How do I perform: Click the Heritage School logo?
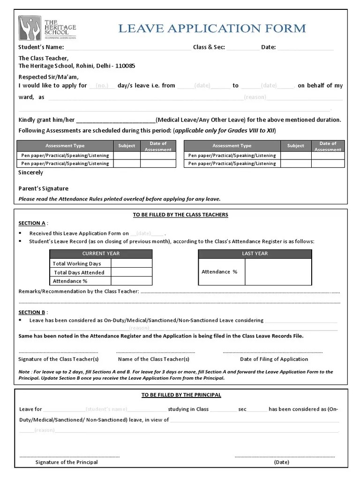point(47,28)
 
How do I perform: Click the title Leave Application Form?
point(212,29)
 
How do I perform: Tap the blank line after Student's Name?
point(127,48)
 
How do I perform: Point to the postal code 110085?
point(125,66)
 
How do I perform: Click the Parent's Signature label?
point(43,188)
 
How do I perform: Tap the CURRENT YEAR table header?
point(101,254)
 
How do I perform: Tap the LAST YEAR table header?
point(255,254)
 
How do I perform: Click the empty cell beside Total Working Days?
point(131,263)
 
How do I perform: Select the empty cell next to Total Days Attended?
point(131,272)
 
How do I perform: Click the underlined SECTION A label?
point(32,223)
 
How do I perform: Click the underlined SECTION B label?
point(32,312)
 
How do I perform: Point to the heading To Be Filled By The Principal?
point(181,395)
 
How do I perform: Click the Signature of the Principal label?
point(67,462)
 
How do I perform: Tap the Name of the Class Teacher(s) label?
point(154,359)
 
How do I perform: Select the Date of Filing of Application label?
point(274,359)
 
